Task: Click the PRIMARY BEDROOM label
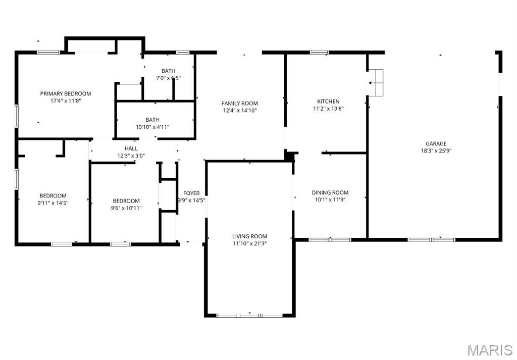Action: tap(66, 93)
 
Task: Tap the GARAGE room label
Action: tap(436, 143)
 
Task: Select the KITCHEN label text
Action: tap(328, 101)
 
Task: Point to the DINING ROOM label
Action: tap(330, 192)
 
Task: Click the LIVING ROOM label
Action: tap(249, 236)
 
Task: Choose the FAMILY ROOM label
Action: tap(240, 104)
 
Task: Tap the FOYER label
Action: tap(191, 193)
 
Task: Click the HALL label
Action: tap(131, 148)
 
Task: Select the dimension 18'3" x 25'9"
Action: tap(436, 150)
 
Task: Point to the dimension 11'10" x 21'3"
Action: tap(249, 243)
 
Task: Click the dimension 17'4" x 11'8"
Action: tap(66, 100)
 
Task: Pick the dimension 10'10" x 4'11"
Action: tap(152, 127)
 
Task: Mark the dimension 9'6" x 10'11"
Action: tap(126, 208)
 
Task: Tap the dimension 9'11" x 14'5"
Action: tap(53, 202)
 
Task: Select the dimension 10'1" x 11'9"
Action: tap(330, 199)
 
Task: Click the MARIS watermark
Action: tap(490, 350)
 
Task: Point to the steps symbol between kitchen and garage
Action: tap(377, 83)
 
